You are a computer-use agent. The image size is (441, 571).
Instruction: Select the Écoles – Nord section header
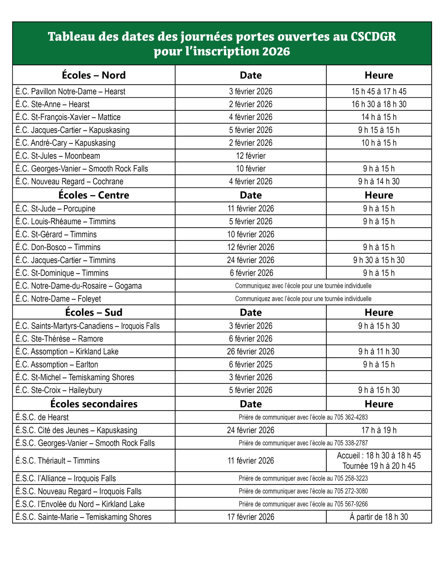(x=94, y=75)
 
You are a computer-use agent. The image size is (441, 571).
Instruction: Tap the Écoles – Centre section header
(x=94, y=195)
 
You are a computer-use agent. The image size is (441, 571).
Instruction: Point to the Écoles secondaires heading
(x=94, y=404)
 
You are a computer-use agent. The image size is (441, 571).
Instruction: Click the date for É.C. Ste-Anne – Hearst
(x=250, y=104)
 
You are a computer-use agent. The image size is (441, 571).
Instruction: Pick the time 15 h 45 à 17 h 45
(x=379, y=91)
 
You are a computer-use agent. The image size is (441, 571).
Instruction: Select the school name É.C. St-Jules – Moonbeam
(x=58, y=156)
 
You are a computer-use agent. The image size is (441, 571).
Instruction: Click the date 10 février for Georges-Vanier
(x=250, y=169)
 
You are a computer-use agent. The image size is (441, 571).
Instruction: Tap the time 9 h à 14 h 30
(x=379, y=182)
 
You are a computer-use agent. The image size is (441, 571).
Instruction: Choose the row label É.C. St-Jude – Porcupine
(x=55, y=209)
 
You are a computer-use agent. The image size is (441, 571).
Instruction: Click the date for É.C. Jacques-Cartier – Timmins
(x=250, y=260)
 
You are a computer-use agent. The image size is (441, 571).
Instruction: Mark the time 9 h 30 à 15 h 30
(x=379, y=260)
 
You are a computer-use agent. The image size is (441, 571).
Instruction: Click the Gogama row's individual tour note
(x=303, y=286)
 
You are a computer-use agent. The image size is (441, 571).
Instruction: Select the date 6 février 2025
(x=250, y=364)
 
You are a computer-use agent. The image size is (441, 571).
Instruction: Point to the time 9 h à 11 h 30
(x=379, y=352)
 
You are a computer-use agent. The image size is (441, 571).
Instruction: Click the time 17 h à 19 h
(x=379, y=430)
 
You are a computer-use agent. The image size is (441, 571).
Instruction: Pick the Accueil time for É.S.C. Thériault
(x=379, y=455)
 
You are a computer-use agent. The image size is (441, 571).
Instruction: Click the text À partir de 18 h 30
(x=379, y=517)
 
